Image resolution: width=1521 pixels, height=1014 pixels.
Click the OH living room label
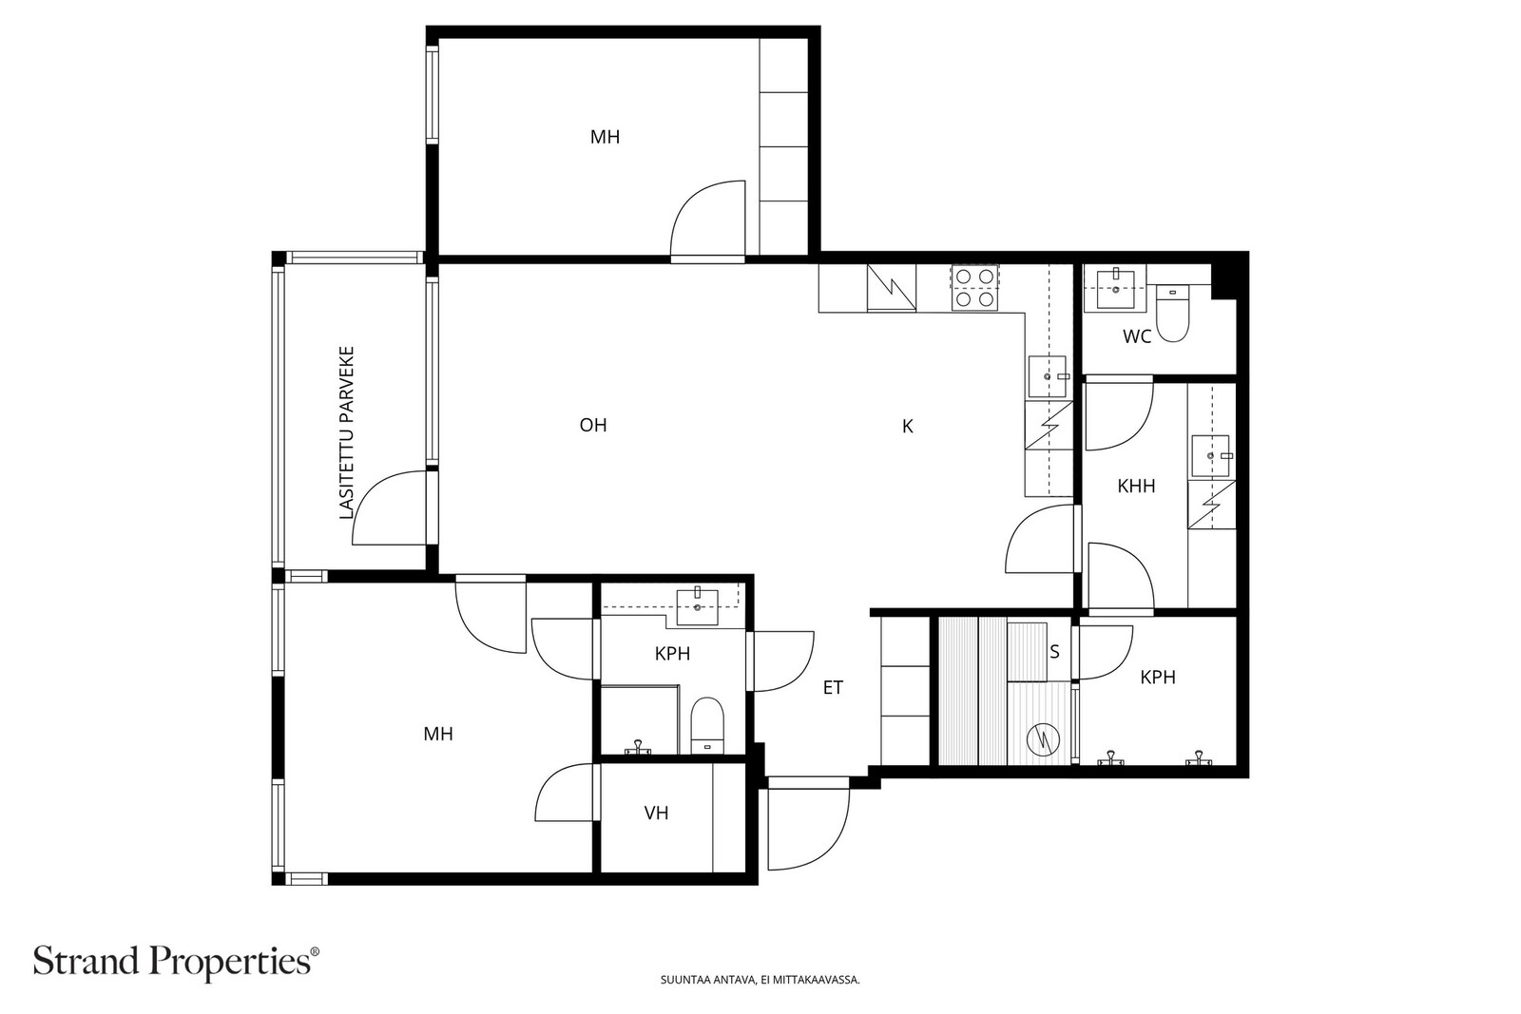point(593,426)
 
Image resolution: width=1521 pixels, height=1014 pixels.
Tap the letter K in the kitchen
point(907,427)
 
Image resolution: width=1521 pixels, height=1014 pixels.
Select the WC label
point(1137,336)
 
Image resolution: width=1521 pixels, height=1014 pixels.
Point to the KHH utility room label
point(1136,486)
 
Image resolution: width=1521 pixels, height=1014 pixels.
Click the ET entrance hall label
point(833,687)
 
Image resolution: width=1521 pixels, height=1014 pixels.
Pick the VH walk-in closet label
point(656,813)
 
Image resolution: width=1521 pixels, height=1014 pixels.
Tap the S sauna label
point(1054,652)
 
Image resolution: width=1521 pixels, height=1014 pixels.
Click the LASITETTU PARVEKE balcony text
point(347,433)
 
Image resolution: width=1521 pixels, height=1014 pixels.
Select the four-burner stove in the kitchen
point(975,288)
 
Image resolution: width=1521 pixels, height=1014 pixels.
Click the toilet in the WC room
point(1172,314)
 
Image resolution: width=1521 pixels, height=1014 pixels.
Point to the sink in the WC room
point(1116,289)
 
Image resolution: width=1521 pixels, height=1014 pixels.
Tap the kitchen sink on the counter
point(1048,376)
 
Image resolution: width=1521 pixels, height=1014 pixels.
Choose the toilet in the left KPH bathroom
point(707,725)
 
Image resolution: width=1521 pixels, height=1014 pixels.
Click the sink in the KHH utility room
point(1211,456)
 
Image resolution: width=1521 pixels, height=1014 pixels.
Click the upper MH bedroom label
point(605,137)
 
